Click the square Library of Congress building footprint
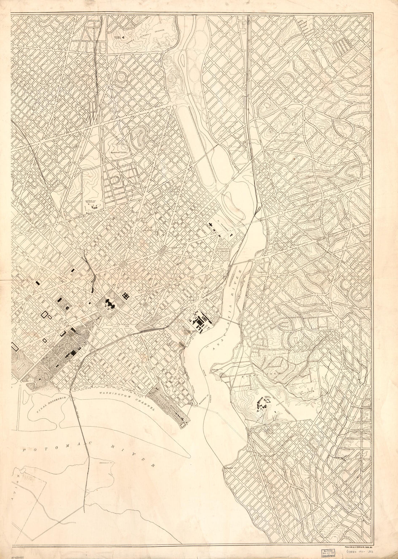[x=126, y=296]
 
